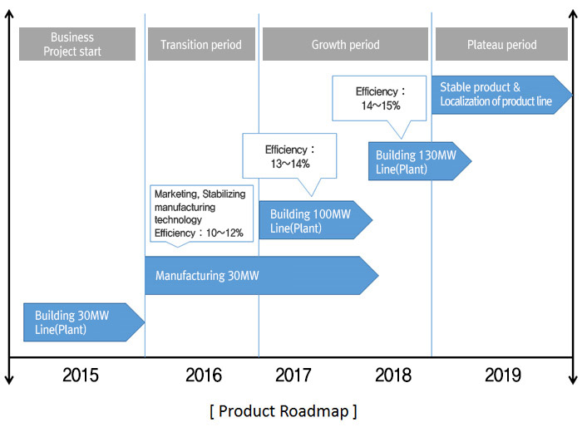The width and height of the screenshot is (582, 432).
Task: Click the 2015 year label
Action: tap(81, 375)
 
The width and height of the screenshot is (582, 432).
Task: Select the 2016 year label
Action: tap(204, 375)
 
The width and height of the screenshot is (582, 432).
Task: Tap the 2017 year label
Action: tap(293, 375)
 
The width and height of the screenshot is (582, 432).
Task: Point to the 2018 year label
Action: tap(393, 375)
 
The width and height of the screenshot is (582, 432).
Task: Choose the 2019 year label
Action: tap(503, 375)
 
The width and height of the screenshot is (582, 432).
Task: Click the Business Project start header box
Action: tap(77, 44)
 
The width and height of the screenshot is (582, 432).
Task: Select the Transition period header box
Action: tap(201, 44)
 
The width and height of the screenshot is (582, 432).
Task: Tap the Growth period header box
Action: tap(345, 44)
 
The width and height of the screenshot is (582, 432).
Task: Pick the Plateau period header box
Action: tap(501, 44)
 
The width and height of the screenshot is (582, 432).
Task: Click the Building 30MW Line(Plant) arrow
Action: tap(84, 322)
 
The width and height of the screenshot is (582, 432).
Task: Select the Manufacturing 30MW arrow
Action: tap(262, 276)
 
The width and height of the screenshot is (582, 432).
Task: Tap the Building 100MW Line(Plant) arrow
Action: tap(315, 220)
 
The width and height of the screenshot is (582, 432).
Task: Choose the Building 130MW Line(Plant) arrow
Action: tap(420, 161)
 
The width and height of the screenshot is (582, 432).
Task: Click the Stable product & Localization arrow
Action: tap(502, 95)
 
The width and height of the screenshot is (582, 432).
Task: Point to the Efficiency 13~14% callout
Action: tap(289, 156)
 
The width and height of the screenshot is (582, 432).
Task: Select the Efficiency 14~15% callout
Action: tap(379, 99)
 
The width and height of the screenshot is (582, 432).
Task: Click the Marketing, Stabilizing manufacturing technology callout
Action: tap(201, 214)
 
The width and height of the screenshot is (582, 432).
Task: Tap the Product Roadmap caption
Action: tap(284, 411)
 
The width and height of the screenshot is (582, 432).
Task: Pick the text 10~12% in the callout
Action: tap(224, 233)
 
